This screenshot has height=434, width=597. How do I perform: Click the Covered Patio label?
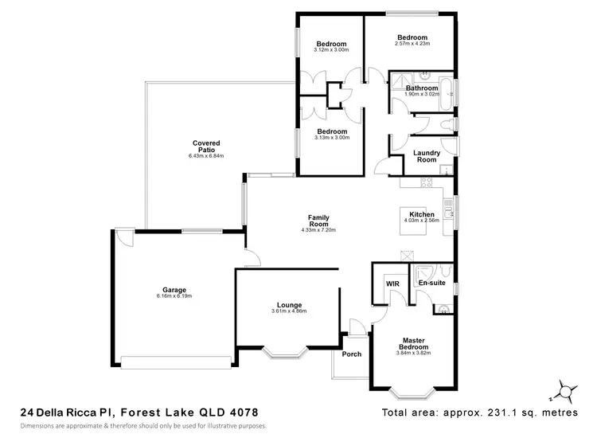(205, 147)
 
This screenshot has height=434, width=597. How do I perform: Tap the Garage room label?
(174, 290)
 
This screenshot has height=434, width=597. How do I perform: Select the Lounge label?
(288, 304)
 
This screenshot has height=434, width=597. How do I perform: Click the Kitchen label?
(421, 215)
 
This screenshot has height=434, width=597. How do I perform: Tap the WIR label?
(392, 283)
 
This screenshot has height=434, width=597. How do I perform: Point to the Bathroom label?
(421, 88)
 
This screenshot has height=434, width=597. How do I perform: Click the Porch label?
(351, 354)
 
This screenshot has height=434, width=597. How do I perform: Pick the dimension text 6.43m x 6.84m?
(206, 156)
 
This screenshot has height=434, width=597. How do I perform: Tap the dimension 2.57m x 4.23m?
(412, 45)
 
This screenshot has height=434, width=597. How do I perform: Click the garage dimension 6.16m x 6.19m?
(174, 296)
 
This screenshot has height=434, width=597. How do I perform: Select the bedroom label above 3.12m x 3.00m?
(330, 44)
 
